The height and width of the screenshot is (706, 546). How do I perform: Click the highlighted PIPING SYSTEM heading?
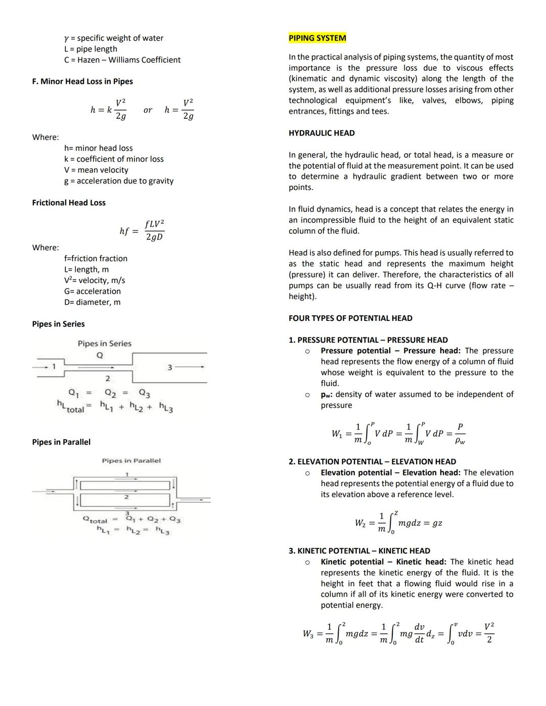[x=317, y=38]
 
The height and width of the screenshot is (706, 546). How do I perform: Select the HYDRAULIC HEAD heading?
[x=322, y=133]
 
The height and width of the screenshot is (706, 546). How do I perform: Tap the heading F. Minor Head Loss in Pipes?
[x=82, y=81]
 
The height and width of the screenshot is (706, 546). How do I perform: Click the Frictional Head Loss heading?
[x=69, y=203]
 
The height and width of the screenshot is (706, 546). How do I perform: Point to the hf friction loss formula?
[x=142, y=230]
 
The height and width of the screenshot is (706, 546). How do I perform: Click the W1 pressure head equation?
[x=398, y=434]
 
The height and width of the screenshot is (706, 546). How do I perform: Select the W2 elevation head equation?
[x=398, y=523]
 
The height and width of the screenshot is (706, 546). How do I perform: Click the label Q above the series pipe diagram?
[x=100, y=355]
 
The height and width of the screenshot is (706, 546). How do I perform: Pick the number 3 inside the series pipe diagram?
[x=170, y=367]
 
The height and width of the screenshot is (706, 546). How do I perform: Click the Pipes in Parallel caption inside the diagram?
[x=131, y=460]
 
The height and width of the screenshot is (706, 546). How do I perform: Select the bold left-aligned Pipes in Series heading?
[x=58, y=324]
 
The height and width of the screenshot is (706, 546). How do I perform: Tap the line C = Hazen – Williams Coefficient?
[x=122, y=60]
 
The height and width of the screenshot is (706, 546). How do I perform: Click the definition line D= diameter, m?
[x=92, y=302]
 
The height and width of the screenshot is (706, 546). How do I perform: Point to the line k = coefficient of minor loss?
[x=114, y=159]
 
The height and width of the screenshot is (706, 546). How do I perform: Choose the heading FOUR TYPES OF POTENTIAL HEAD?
[x=350, y=318]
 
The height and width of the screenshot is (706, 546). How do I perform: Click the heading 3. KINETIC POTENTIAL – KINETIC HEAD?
[x=359, y=551]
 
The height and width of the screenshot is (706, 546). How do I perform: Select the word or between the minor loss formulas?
[x=148, y=110]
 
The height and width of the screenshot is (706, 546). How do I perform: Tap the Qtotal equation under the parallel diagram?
[x=131, y=520]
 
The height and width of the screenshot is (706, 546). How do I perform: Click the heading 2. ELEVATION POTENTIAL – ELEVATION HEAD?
[x=372, y=461]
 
